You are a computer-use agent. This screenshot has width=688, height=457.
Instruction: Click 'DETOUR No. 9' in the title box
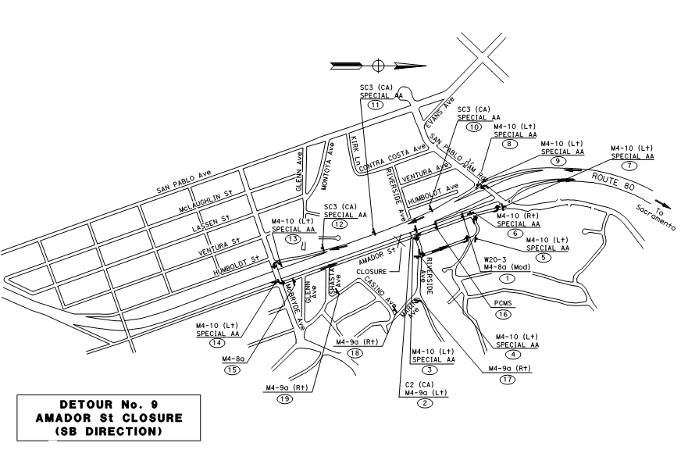tap(99, 405)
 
